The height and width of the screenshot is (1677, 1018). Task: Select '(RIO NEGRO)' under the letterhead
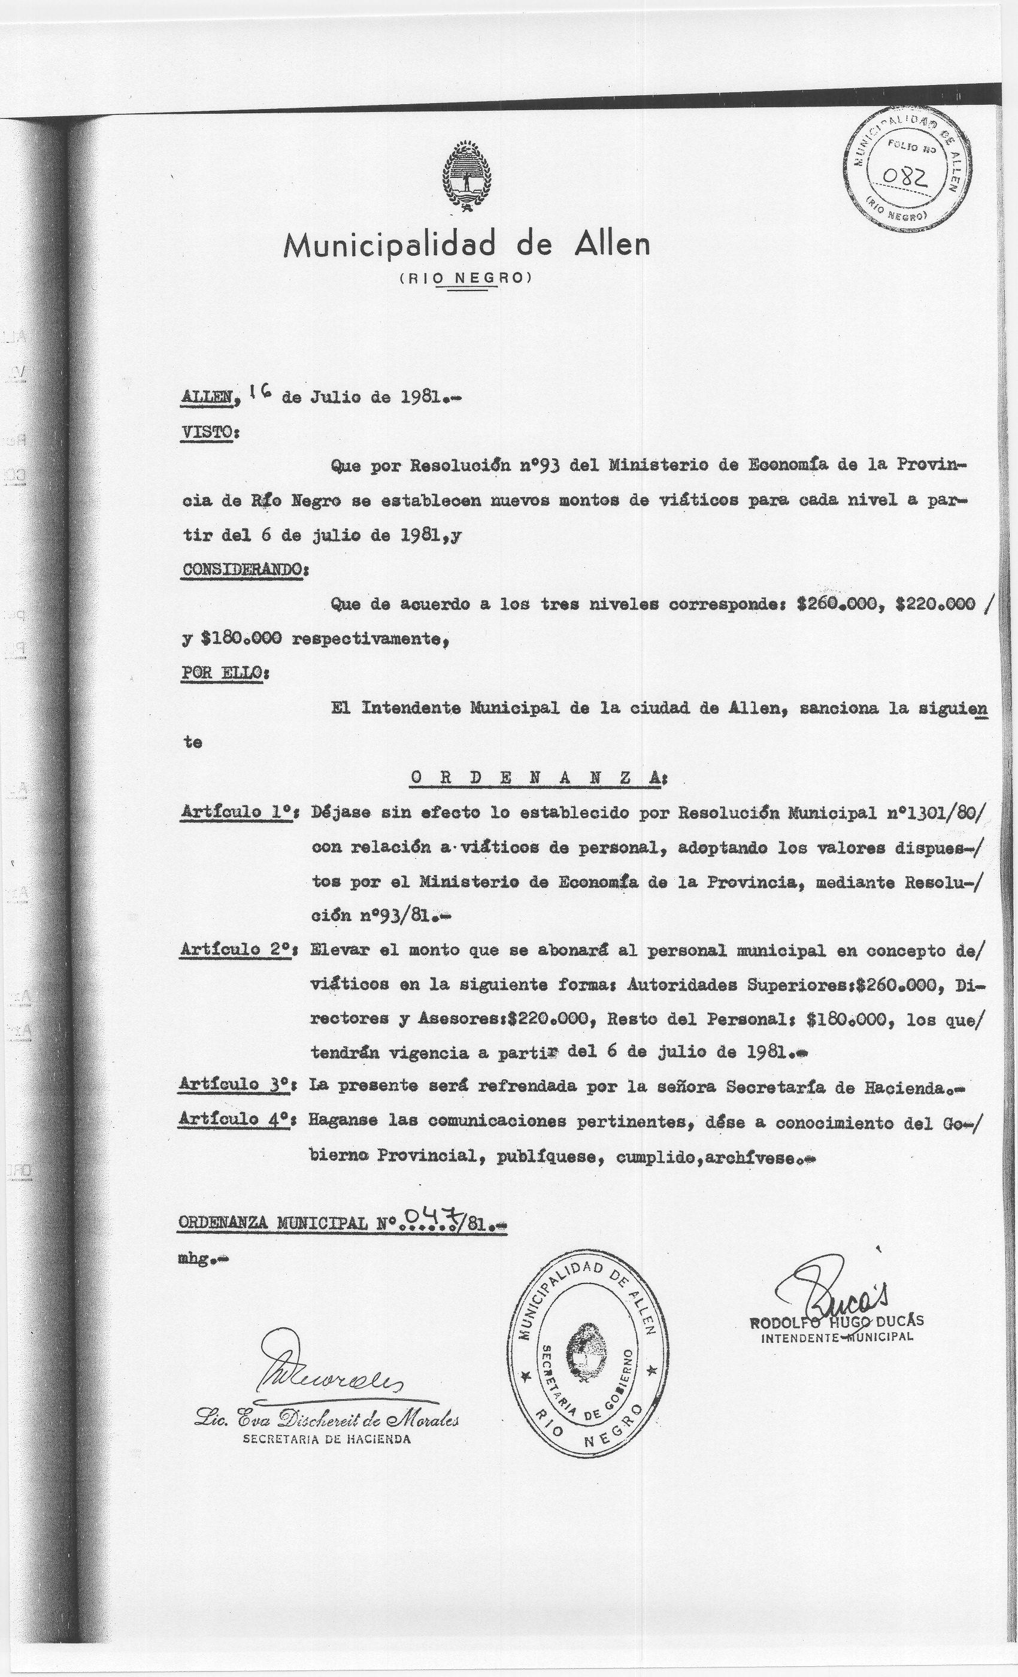[x=466, y=278]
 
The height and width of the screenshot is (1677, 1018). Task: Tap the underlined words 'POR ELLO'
[x=221, y=673]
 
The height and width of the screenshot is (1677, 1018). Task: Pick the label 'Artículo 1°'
[x=236, y=812]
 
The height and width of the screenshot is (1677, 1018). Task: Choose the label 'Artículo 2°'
[x=236, y=949]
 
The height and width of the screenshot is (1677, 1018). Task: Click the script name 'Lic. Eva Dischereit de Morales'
[x=326, y=1421]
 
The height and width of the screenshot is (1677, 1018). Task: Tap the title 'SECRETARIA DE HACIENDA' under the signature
[x=326, y=1439]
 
